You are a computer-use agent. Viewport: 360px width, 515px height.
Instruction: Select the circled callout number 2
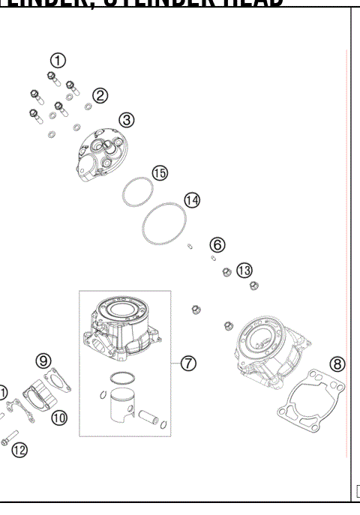100,95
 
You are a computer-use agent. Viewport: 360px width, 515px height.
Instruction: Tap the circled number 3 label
127,119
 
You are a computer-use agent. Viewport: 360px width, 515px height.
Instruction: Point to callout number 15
160,173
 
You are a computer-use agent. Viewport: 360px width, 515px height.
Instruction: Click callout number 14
193,201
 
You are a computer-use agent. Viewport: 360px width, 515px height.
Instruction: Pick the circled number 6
217,244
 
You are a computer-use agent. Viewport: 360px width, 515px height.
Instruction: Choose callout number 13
244,270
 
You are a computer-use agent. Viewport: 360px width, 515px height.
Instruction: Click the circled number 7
189,363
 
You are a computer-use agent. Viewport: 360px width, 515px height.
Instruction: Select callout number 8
338,364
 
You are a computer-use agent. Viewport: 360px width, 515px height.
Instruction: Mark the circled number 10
59,417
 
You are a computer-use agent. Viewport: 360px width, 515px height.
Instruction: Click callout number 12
19,450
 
